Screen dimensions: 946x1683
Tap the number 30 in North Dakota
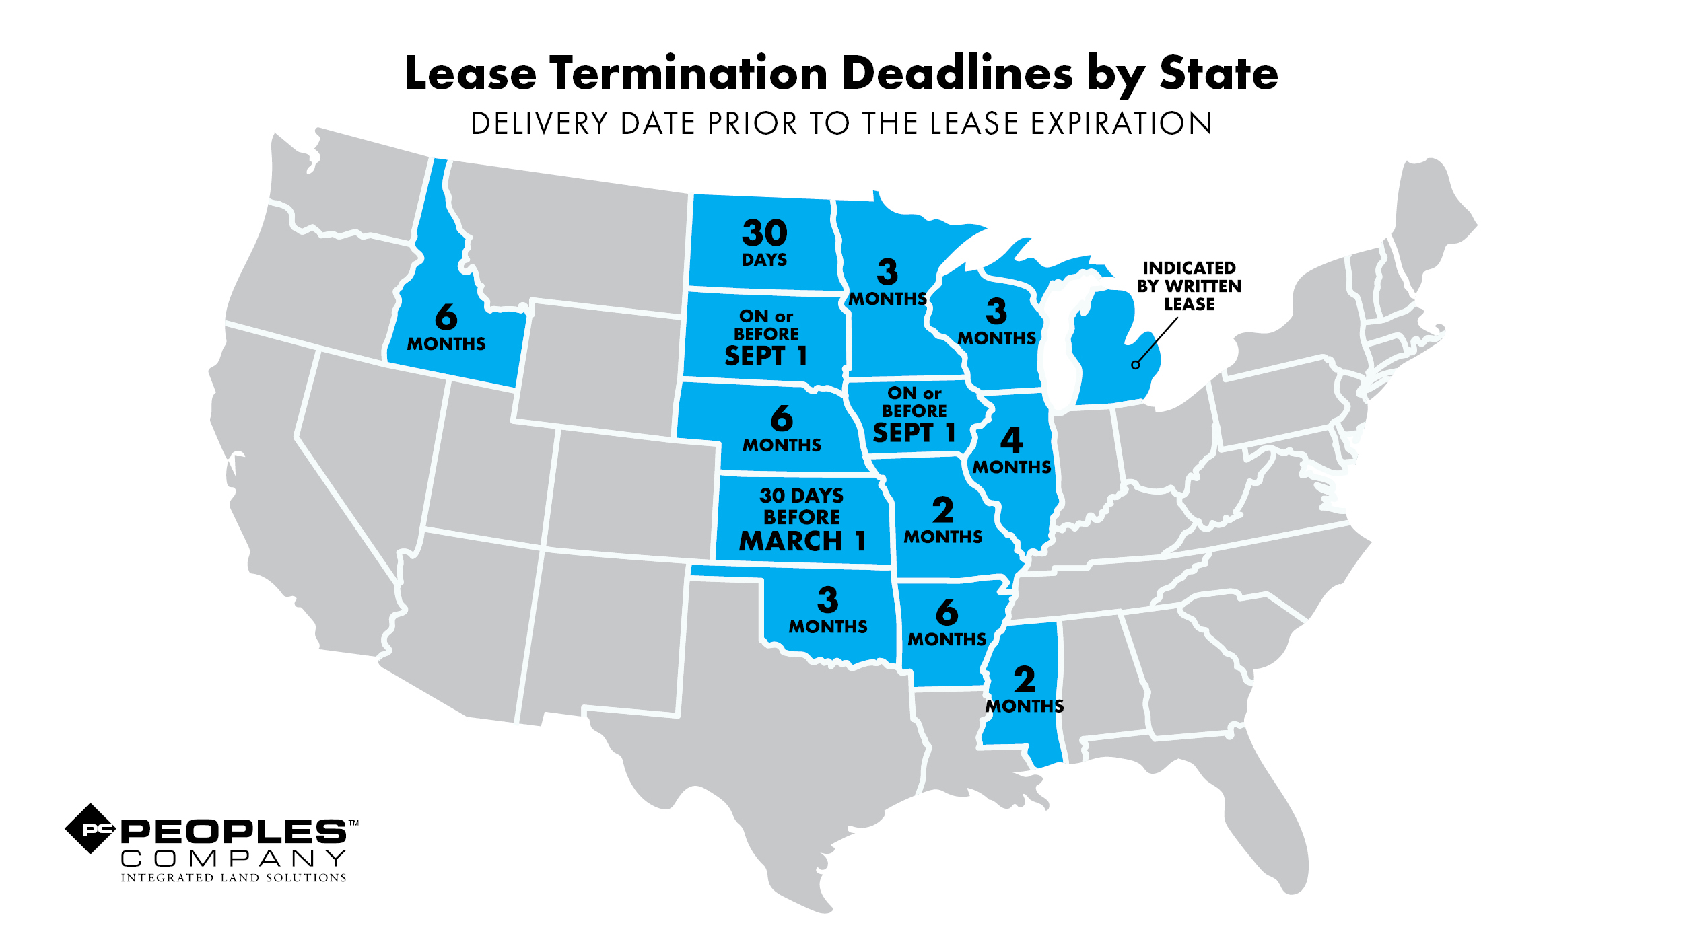pos(764,233)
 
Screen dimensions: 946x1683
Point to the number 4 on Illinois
pos(1011,441)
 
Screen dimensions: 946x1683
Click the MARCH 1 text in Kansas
pos(802,541)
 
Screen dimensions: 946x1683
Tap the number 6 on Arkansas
pos(947,613)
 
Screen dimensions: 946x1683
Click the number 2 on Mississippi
pos(1024,680)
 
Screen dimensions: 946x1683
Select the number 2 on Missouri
pos(942,510)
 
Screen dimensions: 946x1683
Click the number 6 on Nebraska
pos(782,419)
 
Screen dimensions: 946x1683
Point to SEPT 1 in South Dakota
pos(765,356)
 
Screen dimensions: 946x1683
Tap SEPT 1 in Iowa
pos(914,433)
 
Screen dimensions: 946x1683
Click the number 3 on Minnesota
pos(887,272)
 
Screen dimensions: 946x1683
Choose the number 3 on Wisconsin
pos(996,312)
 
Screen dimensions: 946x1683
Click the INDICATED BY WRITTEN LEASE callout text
pos(1189,286)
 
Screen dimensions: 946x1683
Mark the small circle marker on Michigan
pos(1136,365)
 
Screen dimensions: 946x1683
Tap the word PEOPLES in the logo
pos(233,832)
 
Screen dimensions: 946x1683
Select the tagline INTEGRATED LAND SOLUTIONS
pos(233,878)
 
